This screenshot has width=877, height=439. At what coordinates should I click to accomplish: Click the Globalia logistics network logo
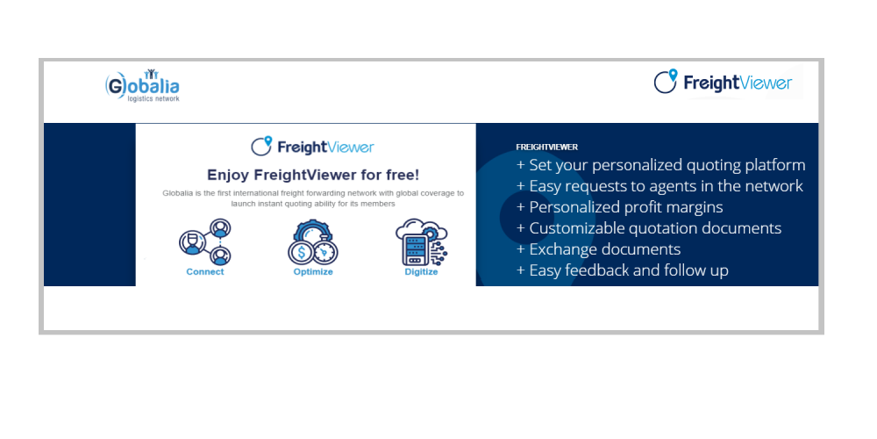coord(142,86)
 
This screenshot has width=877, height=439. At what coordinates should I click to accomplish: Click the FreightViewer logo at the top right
coord(723,83)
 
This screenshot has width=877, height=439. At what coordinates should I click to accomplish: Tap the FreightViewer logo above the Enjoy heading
coord(312,146)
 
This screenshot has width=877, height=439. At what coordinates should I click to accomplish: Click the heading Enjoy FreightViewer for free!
coord(313,175)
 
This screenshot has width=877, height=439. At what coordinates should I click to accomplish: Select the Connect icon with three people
coord(205,242)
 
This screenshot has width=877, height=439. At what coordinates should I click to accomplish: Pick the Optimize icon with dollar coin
coord(313,242)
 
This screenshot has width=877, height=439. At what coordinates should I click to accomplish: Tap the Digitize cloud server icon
coord(421,242)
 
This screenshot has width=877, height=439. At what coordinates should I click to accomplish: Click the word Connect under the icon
coord(204,272)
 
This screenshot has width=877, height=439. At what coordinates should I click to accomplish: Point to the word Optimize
coord(313,272)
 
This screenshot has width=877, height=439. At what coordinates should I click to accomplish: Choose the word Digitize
coord(421,272)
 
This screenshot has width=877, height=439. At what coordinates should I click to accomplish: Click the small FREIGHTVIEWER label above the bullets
coord(547,148)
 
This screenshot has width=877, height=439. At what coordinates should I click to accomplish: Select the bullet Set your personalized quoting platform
coord(660,166)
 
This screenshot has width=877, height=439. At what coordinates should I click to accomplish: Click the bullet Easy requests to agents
coord(660,186)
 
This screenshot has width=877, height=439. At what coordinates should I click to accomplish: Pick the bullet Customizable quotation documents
coord(649,228)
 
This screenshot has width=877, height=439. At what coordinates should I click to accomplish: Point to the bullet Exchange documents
coord(598,249)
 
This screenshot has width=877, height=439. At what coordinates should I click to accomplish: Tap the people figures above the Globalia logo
coord(151,74)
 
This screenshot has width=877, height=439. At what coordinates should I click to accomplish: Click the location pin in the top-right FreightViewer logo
coord(673,75)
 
